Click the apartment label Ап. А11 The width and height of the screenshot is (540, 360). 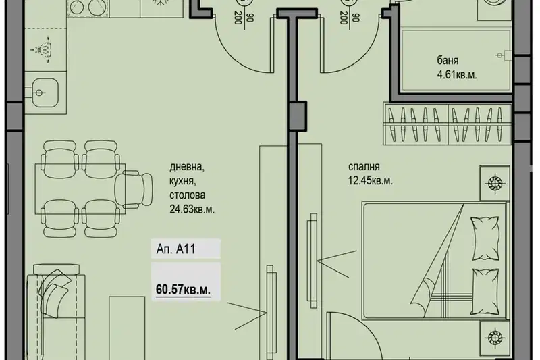click(176, 249)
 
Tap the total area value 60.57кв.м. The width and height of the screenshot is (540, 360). click(183, 289)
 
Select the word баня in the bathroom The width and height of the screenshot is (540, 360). click(448, 61)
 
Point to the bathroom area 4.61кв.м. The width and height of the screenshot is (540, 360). click(457, 75)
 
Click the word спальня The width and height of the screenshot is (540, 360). click(364, 167)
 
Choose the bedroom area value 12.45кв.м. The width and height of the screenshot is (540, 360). click(370, 181)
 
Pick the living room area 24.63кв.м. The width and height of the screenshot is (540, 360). click(192, 209)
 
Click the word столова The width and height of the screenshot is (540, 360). click(187, 195)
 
